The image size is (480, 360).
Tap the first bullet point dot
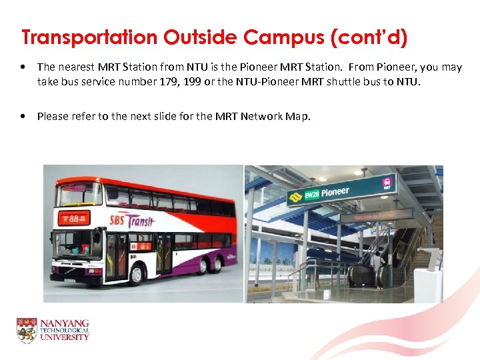pyautogui.click(x=23, y=67)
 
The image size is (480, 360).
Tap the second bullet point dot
pyautogui.click(x=23, y=116)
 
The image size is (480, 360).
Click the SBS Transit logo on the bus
pyautogui.click(x=131, y=221)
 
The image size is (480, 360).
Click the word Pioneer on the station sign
pyautogui.click(x=335, y=192)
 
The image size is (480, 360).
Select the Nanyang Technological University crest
pyautogui.click(x=27, y=330)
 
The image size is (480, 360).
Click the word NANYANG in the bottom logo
pyautogui.click(x=65, y=323)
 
